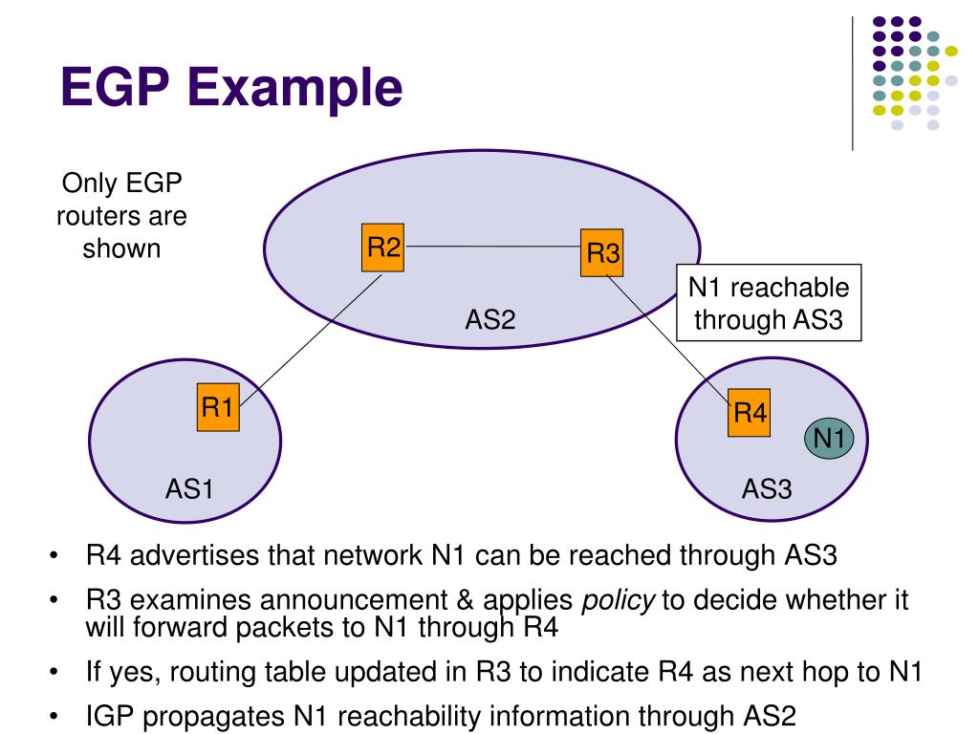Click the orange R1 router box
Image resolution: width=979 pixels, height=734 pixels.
[218, 408]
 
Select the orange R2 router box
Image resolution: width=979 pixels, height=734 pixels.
[383, 248]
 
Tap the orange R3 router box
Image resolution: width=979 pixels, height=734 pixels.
[602, 253]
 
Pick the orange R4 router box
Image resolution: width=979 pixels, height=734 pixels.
[749, 413]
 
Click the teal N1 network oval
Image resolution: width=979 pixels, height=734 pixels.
[828, 439]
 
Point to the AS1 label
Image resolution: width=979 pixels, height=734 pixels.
[188, 489]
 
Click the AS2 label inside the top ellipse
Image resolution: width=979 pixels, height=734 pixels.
[490, 319]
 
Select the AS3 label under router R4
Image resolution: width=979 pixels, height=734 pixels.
[767, 489]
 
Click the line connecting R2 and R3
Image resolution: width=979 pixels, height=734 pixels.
[492, 247]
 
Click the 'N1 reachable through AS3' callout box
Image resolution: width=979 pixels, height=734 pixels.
[768, 303]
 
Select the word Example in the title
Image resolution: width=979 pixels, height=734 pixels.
[301, 88]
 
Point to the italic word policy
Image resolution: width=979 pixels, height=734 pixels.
[619, 600]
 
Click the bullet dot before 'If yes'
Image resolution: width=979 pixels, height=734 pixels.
[56, 672]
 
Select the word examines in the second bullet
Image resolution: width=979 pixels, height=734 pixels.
[192, 600]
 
